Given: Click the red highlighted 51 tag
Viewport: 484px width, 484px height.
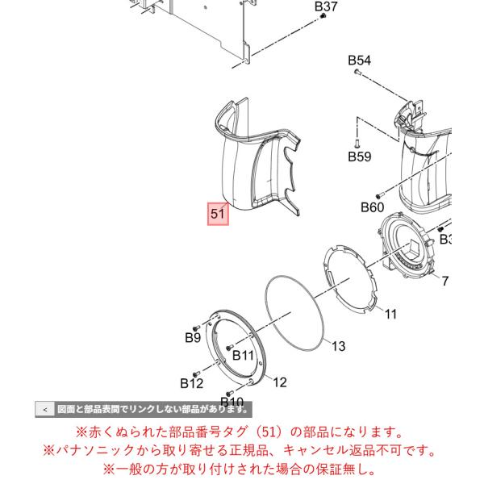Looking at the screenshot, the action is coord(218,214).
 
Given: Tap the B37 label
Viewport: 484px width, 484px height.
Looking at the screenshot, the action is coord(326,6).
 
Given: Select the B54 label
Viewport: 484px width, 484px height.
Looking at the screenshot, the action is coord(359,60).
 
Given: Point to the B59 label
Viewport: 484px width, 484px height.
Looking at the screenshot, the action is coord(360,156).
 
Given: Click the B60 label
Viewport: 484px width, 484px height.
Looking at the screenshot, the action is coord(372,207).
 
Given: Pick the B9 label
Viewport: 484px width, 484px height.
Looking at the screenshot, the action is coord(193,338).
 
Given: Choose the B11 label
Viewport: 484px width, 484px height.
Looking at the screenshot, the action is coord(243,355).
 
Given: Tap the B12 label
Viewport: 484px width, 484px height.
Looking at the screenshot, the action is coord(192,383).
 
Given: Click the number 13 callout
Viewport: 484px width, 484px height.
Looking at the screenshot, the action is coord(338,346).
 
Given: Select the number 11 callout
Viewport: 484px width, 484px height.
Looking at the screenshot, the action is coord(390,315).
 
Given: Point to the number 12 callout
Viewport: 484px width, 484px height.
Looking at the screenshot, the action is coord(280,382).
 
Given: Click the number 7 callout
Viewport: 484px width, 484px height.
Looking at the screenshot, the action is coord(444,281).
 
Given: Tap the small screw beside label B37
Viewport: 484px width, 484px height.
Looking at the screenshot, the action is coord(323,16).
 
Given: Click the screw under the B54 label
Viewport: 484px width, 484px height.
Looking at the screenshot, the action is coord(357,73).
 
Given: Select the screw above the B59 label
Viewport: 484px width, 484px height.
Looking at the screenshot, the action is coord(357,144).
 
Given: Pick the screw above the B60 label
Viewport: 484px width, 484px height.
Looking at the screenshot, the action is coord(379,195).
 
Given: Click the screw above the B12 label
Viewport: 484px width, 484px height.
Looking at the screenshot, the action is coord(195,374).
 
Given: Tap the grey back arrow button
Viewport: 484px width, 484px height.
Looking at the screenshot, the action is coord(45,410).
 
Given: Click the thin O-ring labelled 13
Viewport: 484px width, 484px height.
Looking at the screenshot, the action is coord(295,313).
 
